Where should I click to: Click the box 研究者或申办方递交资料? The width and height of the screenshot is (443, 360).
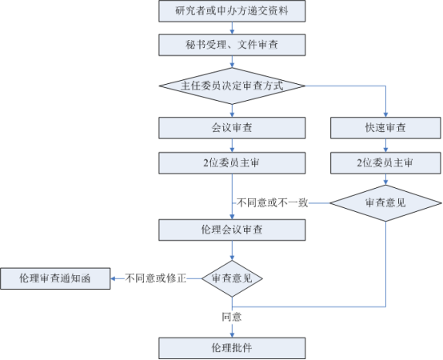tap(232, 11)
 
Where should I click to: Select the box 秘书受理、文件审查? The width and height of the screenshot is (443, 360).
tap(232, 45)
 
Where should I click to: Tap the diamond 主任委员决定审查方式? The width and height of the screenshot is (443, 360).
tap(232, 86)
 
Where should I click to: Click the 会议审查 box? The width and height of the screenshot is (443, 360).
tap(232, 128)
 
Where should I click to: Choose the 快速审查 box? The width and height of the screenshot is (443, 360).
tap(385, 128)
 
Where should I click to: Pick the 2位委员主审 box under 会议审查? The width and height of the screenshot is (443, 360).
tap(232, 163)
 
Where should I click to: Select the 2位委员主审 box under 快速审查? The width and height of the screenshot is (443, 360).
tap(385, 163)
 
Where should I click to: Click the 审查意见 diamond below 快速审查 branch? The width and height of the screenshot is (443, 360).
tap(385, 203)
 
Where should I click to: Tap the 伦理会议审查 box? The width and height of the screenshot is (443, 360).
tap(232, 230)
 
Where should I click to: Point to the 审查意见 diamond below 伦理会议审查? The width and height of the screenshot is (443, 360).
tap(232, 278)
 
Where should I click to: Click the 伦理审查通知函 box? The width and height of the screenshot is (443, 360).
tap(55, 278)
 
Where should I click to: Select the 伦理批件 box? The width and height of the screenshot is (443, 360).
tap(232, 348)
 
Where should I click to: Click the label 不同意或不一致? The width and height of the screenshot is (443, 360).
tap(272, 203)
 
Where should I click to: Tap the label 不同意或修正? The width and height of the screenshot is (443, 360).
tap(156, 278)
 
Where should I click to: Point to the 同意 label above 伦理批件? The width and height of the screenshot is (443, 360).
tap(232, 317)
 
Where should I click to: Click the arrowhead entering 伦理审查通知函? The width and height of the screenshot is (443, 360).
tap(113, 278)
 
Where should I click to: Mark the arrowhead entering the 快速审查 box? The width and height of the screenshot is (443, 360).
tap(385, 114)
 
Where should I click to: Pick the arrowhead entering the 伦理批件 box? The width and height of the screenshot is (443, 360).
tap(232, 335)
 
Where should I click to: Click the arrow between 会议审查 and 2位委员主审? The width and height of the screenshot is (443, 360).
tap(232, 146)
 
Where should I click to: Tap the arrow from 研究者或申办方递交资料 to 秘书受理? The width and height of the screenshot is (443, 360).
tap(232, 28)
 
